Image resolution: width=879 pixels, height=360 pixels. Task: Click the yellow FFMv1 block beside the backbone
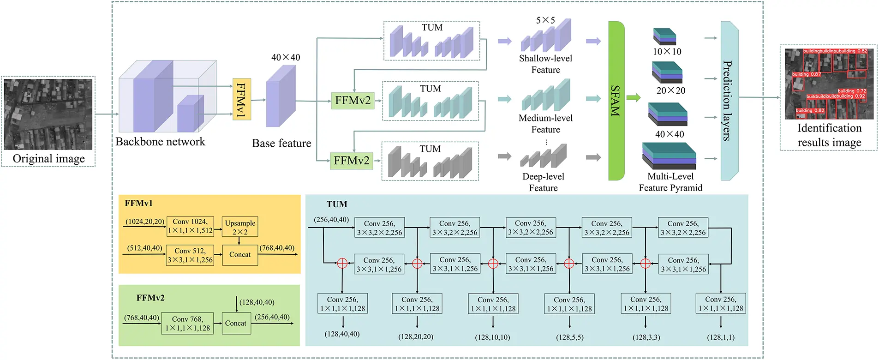tap(241, 99)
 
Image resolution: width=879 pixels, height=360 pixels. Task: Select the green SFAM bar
tap(616, 101)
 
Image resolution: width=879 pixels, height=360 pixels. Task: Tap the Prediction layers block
tap(729, 101)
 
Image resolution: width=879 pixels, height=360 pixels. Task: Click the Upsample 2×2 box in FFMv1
tap(240, 227)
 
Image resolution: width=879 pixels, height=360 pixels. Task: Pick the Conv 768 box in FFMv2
tap(187, 323)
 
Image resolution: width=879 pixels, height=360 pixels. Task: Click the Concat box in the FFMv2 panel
tap(236, 323)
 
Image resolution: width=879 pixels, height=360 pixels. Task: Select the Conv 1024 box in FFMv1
tap(190, 226)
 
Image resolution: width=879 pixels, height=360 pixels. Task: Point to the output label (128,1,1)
tap(721, 337)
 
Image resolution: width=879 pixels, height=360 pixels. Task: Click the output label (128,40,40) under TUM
tap(342, 334)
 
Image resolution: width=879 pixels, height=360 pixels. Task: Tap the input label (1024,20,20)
tap(145, 222)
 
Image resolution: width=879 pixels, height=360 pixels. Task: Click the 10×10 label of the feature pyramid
tap(667, 52)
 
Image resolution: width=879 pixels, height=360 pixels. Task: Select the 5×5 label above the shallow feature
tap(545, 20)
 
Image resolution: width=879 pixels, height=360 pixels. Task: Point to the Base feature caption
tap(281, 143)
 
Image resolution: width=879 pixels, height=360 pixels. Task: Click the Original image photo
tap(48, 114)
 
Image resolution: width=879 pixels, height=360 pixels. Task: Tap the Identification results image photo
tap(829, 84)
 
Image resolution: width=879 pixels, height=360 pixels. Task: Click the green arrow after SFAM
tap(634, 97)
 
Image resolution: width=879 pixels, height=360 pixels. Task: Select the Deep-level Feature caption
tap(543, 182)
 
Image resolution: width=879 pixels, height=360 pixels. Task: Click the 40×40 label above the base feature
tap(286, 57)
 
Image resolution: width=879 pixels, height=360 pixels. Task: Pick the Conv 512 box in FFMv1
tap(190, 255)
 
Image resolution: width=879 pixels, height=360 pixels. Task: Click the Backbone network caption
tap(160, 141)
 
